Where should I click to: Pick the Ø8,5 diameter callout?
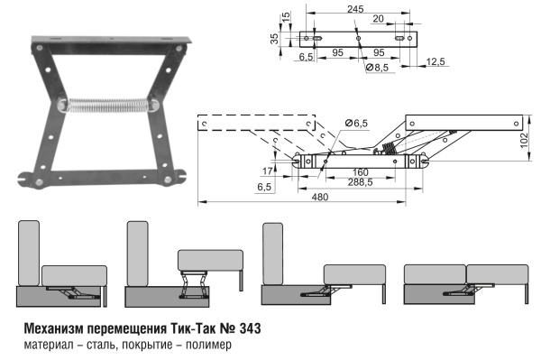pyautogui.click(x=378, y=68)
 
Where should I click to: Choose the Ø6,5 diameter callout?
pyautogui.click(x=356, y=123)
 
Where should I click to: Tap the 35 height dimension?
pyautogui.click(x=272, y=40)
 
